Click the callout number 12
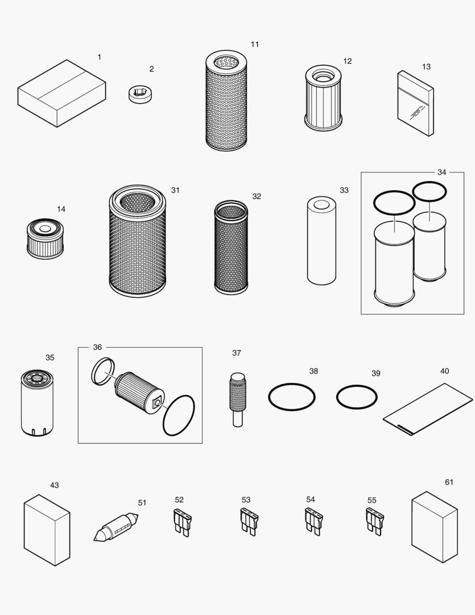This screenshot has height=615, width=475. (347, 61)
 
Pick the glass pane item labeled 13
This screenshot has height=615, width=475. (415, 104)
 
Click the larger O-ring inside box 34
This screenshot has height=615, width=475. (394, 203)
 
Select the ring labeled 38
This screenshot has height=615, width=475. (292, 396)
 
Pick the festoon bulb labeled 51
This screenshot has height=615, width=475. (116, 527)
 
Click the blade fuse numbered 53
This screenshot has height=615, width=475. (249, 520)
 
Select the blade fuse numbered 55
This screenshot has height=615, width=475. (374, 520)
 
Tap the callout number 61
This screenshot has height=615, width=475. (449, 482)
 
